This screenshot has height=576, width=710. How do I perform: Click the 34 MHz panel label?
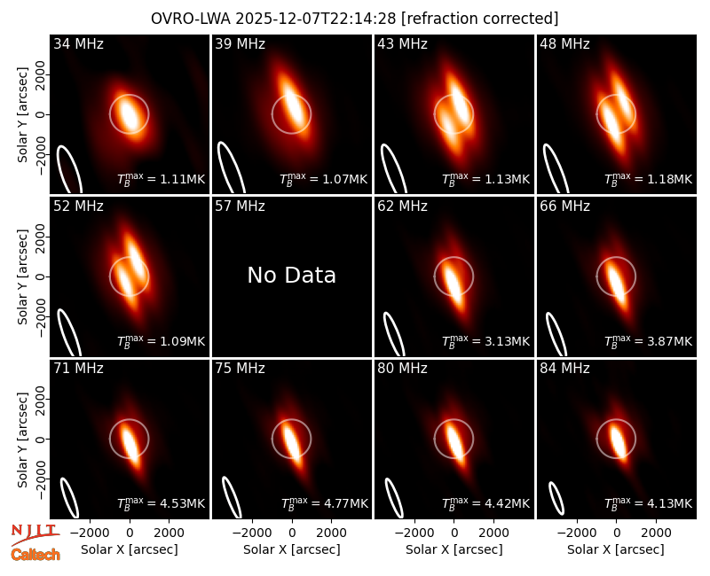[x=78, y=43]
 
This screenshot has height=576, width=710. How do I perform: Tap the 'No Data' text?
[x=292, y=275]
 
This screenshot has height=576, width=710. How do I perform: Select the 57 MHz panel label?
[x=240, y=206]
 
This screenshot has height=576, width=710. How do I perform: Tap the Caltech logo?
[x=35, y=555]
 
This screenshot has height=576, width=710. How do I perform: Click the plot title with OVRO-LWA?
[x=354, y=19]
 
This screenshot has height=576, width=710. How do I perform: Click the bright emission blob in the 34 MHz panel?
[x=129, y=114]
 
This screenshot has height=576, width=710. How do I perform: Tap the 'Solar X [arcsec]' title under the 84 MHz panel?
[x=616, y=549]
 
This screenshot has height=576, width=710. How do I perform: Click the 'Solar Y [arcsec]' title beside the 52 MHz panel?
[x=23, y=276]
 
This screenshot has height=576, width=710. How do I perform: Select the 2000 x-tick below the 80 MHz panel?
[x=493, y=533]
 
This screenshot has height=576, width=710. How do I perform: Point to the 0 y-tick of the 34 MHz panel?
[x=40, y=114]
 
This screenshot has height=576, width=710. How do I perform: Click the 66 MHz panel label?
[x=564, y=206]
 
